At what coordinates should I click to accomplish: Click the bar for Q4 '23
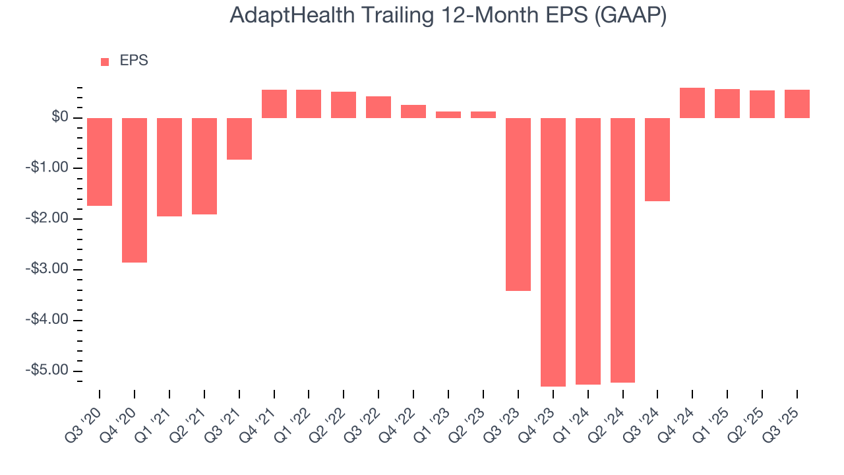pos(553,252)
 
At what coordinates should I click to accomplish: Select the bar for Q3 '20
pos(100,162)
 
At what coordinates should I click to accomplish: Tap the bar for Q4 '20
pos(135,190)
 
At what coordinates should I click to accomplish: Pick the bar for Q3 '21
pos(239,139)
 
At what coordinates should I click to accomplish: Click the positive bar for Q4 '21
pos(274,104)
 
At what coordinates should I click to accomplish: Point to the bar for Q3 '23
pos(518,205)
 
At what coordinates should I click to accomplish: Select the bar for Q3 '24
pos(657,160)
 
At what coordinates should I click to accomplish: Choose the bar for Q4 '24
pos(692,103)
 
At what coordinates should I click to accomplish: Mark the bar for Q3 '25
pos(797,104)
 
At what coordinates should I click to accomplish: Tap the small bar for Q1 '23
pos(448,115)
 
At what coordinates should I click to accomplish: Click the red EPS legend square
pos(105,62)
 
